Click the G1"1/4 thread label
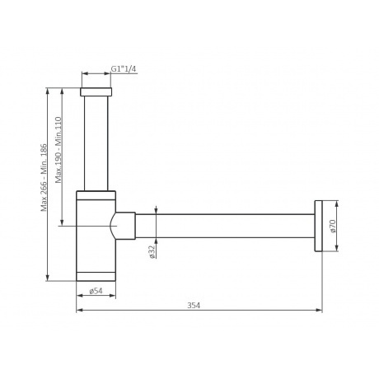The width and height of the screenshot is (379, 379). [124, 68]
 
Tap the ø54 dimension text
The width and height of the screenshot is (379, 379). [96, 291]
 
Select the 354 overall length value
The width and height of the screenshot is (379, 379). [194, 305]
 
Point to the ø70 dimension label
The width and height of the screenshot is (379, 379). [333, 226]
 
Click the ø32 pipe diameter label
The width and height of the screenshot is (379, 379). [152, 251]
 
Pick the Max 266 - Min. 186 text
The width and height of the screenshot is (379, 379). [44, 177]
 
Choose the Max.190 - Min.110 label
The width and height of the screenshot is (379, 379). [58, 150]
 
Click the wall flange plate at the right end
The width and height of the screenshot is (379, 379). [318, 226]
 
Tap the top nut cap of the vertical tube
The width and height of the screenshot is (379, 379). [96, 91]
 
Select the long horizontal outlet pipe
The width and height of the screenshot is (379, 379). [225, 226]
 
